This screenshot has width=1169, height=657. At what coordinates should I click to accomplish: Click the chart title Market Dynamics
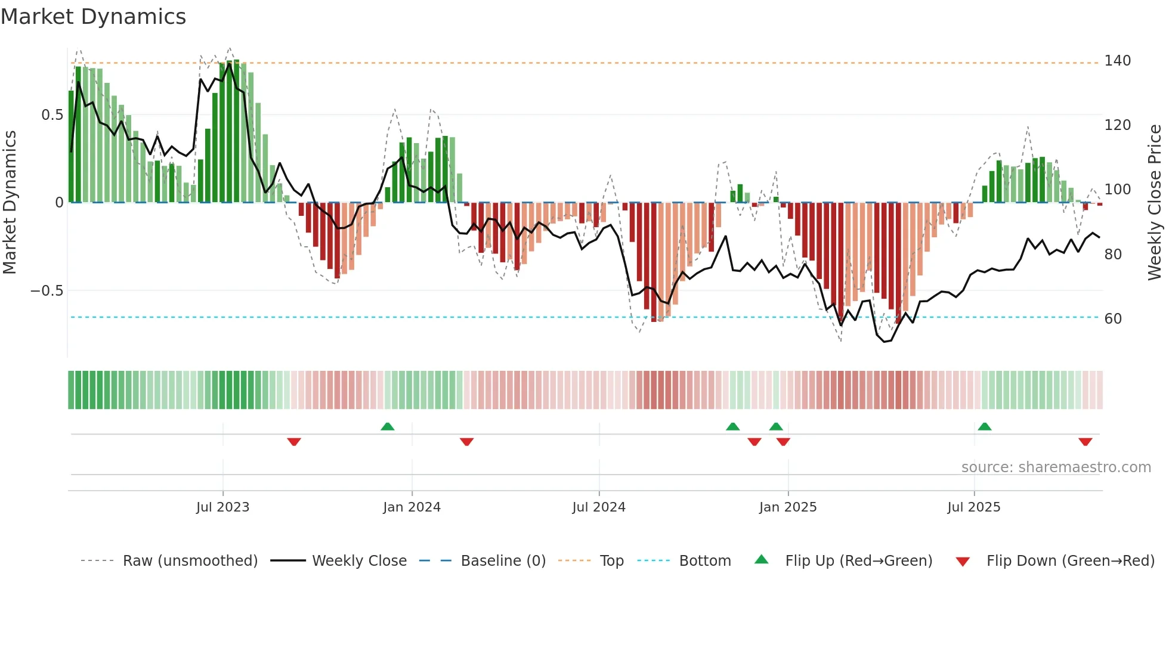93,17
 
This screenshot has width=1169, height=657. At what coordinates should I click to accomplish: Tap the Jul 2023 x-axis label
222,507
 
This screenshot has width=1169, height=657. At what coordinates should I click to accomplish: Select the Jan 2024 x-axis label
412,507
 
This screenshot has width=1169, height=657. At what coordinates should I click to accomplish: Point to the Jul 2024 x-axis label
599,507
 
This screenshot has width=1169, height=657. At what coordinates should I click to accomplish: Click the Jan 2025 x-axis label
788,507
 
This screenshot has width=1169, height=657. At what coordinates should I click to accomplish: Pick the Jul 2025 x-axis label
974,507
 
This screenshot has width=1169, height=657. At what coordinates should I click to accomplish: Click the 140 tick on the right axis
1117,61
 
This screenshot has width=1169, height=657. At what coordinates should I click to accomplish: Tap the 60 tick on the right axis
1113,319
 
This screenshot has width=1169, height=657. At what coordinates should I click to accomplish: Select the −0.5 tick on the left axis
47,291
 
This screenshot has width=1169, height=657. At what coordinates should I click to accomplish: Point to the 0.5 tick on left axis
52,115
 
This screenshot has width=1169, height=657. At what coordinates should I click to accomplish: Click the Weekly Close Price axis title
1155,203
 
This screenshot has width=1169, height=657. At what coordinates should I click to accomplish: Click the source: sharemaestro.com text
1056,467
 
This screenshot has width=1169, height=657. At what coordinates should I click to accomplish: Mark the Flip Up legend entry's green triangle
762,560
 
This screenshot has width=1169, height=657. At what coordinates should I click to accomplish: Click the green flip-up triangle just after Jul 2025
985,427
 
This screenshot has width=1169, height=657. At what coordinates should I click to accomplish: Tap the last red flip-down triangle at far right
1085,442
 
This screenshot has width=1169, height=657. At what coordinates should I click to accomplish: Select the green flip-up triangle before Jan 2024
388,427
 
